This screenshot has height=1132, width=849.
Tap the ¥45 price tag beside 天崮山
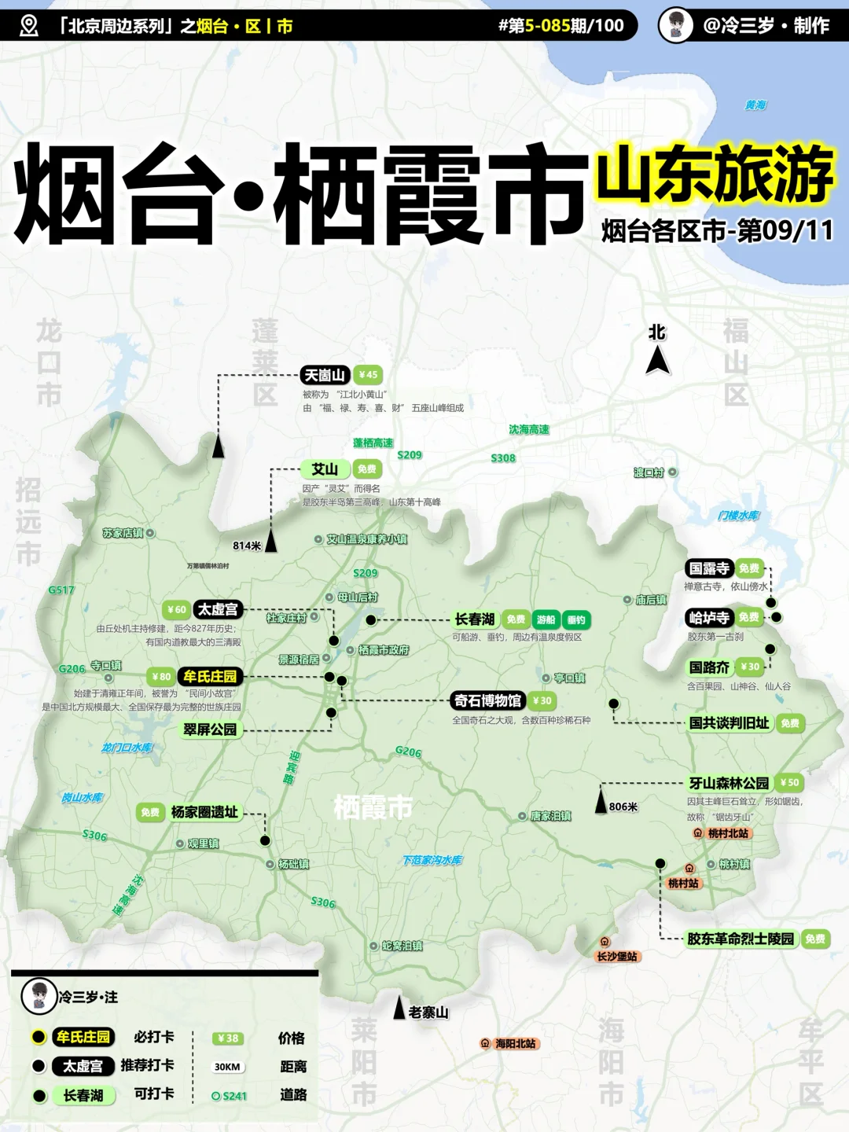pyautogui.click(x=368, y=375)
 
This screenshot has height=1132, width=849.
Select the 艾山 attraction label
pyautogui.click(x=325, y=469)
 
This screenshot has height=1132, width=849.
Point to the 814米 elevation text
pyautogui.click(x=247, y=546)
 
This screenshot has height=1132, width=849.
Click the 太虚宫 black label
pyautogui.click(x=218, y=609)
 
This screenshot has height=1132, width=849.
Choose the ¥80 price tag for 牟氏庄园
pyautogui.click(x=160, y=676)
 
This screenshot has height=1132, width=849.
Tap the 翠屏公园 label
pyautogui.click(x=210, y=730)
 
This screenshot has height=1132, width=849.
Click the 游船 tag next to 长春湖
pyautogui.click(x=546, y=619)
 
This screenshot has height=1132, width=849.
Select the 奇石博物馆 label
pyautogui.click(x=487, y=700)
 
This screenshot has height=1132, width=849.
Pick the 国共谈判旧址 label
pyautogui.click(x=729, y=722)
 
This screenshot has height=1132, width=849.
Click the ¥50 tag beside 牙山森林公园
pyautogui.click(x=790, y=782)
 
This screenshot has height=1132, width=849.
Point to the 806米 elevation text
pyautogui.click(x=623, y=807)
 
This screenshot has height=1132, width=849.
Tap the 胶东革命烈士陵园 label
pyautogui.click(x=741, y=939)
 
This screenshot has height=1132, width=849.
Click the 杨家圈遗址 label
pyautogui.click(x=204, y=812)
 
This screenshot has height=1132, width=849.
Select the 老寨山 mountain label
pyautogui.click(x=428, y=1012)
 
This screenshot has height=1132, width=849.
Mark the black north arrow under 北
pyautogui.click(x=658, y=361)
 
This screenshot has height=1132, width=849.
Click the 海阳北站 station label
pyautogui.click(x=515, y=1043)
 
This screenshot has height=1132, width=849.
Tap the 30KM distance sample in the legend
pyautogui.click(x=227, y=1067)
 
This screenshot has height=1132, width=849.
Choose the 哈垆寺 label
pyautogui.click(x=709, y=617)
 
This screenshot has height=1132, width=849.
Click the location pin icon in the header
pyautogui.click(x=29, y=26)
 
